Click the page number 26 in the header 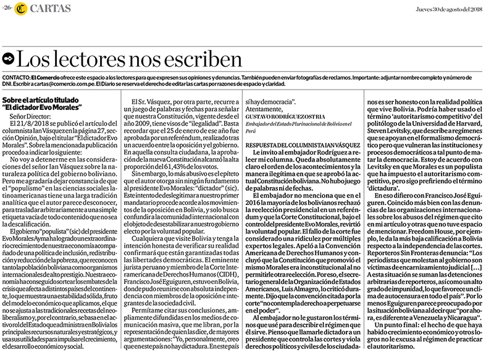click(7, 7)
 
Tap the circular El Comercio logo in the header click(22, 7)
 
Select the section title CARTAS click(47, 7)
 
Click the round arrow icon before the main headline click(8, 59)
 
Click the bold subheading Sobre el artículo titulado click(41, 99)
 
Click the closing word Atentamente click(263, 107)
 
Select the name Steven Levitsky click(394, 131)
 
